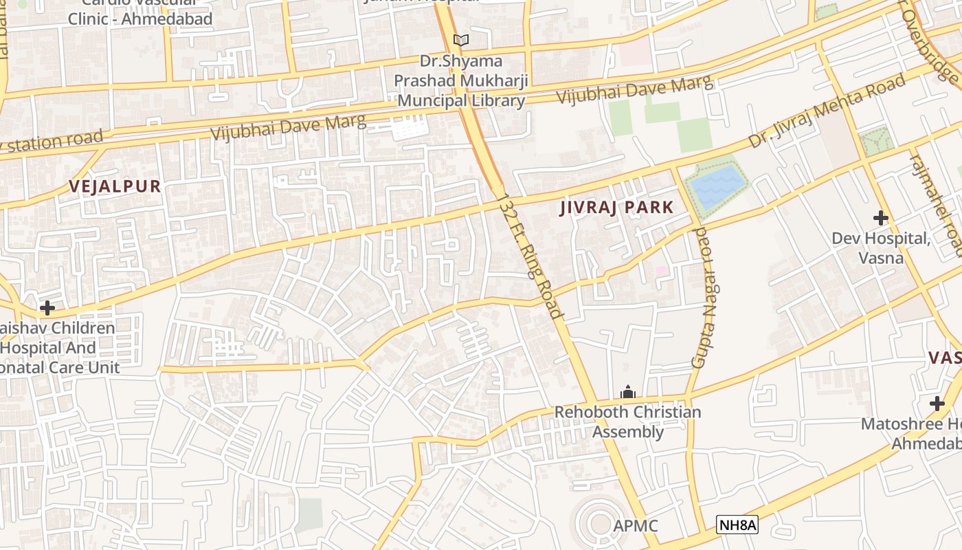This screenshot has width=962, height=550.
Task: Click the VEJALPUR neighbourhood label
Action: pyautogui.click(x=115, y=186)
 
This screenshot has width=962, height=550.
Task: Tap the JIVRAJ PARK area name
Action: pyautogui.click(x=616, y=208)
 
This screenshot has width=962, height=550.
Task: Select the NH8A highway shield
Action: pyautogui.click(x=737, y=526)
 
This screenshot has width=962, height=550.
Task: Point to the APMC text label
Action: pyautogui.click(x=636, y=526)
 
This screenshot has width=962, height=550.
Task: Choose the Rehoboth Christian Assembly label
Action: pyautogui.click(x=627, y=421)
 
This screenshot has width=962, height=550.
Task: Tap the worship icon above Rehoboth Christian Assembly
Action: pyautogui.click(x=627, y=393)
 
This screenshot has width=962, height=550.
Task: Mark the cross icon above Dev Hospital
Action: pyautogui.click(x=881, y=219)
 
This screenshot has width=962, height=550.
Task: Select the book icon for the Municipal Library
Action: pyautogui.click(x=460, y=41)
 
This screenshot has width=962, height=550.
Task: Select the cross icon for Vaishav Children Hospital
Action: pyautogui.click(x=47, y=307)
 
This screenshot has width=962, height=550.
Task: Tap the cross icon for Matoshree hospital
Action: pyautogui.click(x=937, y=404)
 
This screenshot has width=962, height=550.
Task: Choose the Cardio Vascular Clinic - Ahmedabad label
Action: pyautogui.click(x=140, y=14)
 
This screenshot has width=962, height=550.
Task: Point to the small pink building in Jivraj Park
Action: pyautogui.click(x=660, y=270)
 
